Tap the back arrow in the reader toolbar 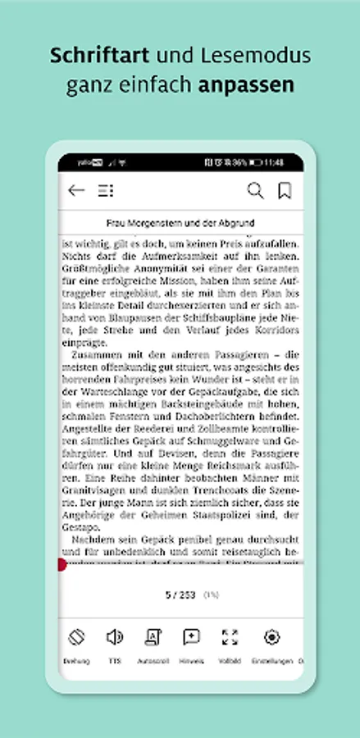pos(76,191)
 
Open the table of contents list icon pos(105,191)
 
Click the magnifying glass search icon pos(256,191)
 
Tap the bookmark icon pos(285,191)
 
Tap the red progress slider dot pos(62,564)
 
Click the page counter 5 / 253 pos(181,594)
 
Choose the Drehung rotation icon pos(76,637)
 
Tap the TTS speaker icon pos(114,637)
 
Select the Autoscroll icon pos(153,637)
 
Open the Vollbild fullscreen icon pos(230,637)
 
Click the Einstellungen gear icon pos(271,637)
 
